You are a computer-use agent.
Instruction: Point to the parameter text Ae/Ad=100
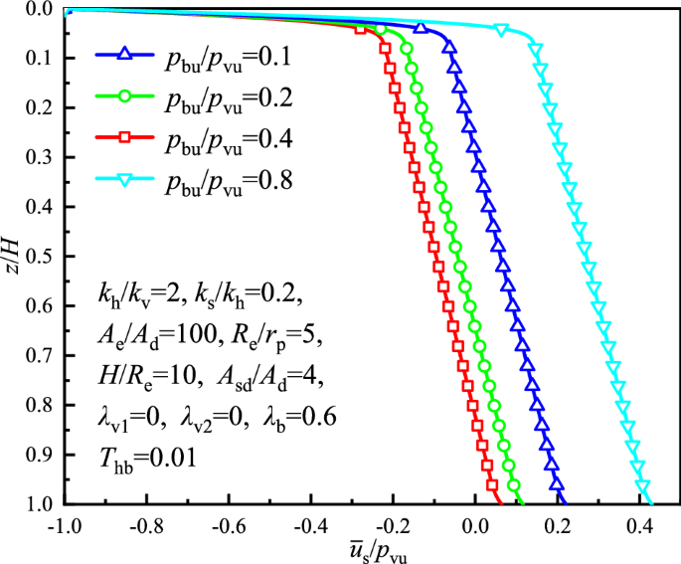[x=149, y=334]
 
